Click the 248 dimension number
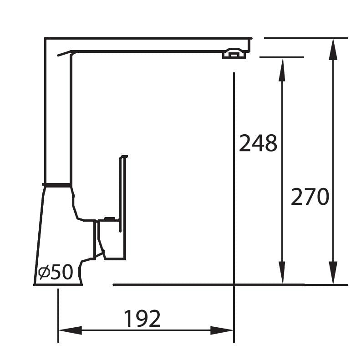[x=258, y=143]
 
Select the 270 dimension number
[x=310, y=197]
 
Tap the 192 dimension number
[x=142, y=318]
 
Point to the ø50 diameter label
[x=56, y=272]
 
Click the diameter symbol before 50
[x=44, y=272]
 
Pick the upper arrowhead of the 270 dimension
[x=333, y=50]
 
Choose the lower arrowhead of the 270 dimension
[x=333, y=273]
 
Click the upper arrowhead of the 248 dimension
[x=282, y=70]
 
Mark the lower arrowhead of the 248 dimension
[x=282, y=273]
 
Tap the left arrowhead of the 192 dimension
[x=71, y=330]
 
